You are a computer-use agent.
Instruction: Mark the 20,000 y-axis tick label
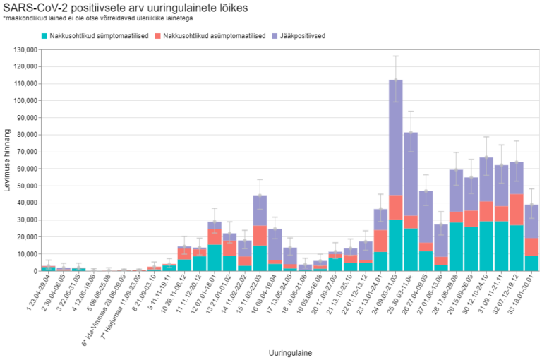click(24, 236)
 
